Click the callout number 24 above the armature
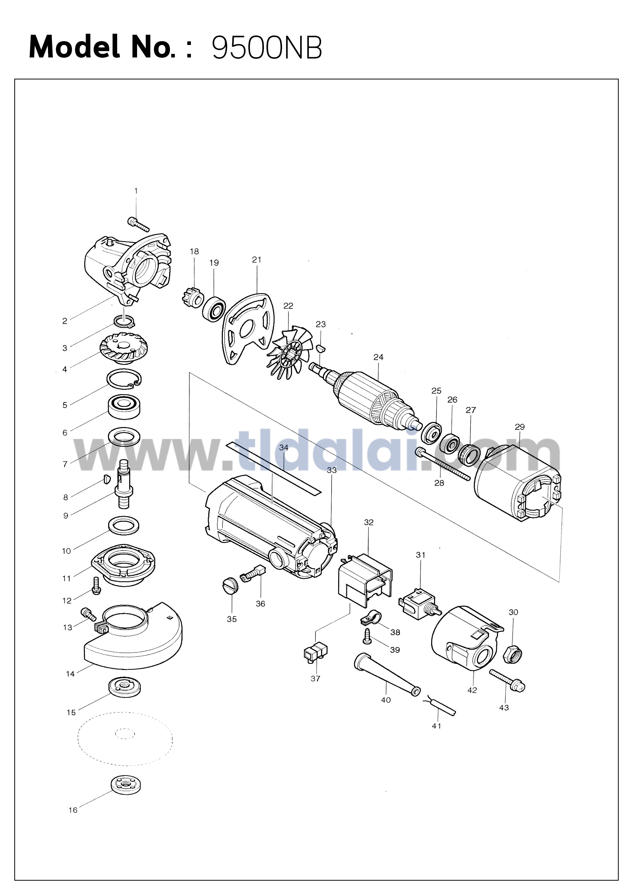click(378, 357)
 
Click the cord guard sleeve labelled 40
click(386, 674)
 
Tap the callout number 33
click(332, 470)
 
